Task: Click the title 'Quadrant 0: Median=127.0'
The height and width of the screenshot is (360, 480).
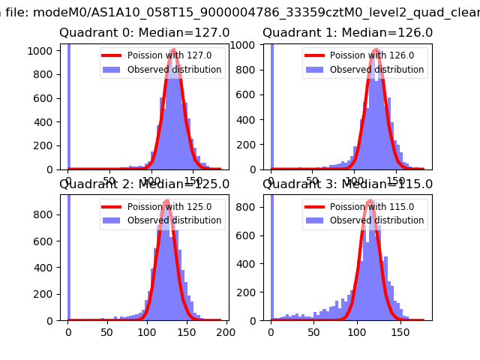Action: click(x=145, y=33)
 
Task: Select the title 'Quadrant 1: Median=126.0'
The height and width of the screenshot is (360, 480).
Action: click(x=347, y=33)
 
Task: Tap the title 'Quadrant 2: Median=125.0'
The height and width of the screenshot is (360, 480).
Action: click(x=145, y=184)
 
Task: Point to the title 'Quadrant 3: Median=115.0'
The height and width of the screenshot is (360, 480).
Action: click(x=347, y=184)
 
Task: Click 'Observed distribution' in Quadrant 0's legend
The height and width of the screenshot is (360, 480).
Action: click(x=175, y=70)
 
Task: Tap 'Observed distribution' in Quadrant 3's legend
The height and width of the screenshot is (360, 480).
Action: click(x=377, y=220)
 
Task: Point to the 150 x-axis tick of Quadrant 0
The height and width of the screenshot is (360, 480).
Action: click(x=193, y=181)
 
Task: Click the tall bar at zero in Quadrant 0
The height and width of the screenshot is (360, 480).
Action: click(x=69, y=105)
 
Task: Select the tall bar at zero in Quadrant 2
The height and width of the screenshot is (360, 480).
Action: click(x=69, y=255)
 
